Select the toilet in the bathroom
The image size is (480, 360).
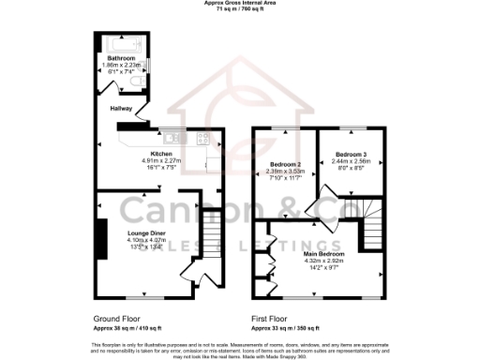[x=139, y=85]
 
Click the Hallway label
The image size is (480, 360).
[x=121, y=109]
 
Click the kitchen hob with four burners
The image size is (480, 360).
[x=202, y=140]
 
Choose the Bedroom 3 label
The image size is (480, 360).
[x=348, y=153]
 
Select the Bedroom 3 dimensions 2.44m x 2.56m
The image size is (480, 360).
[x=348, y=160]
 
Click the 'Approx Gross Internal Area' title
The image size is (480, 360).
[x=238, y=3]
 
